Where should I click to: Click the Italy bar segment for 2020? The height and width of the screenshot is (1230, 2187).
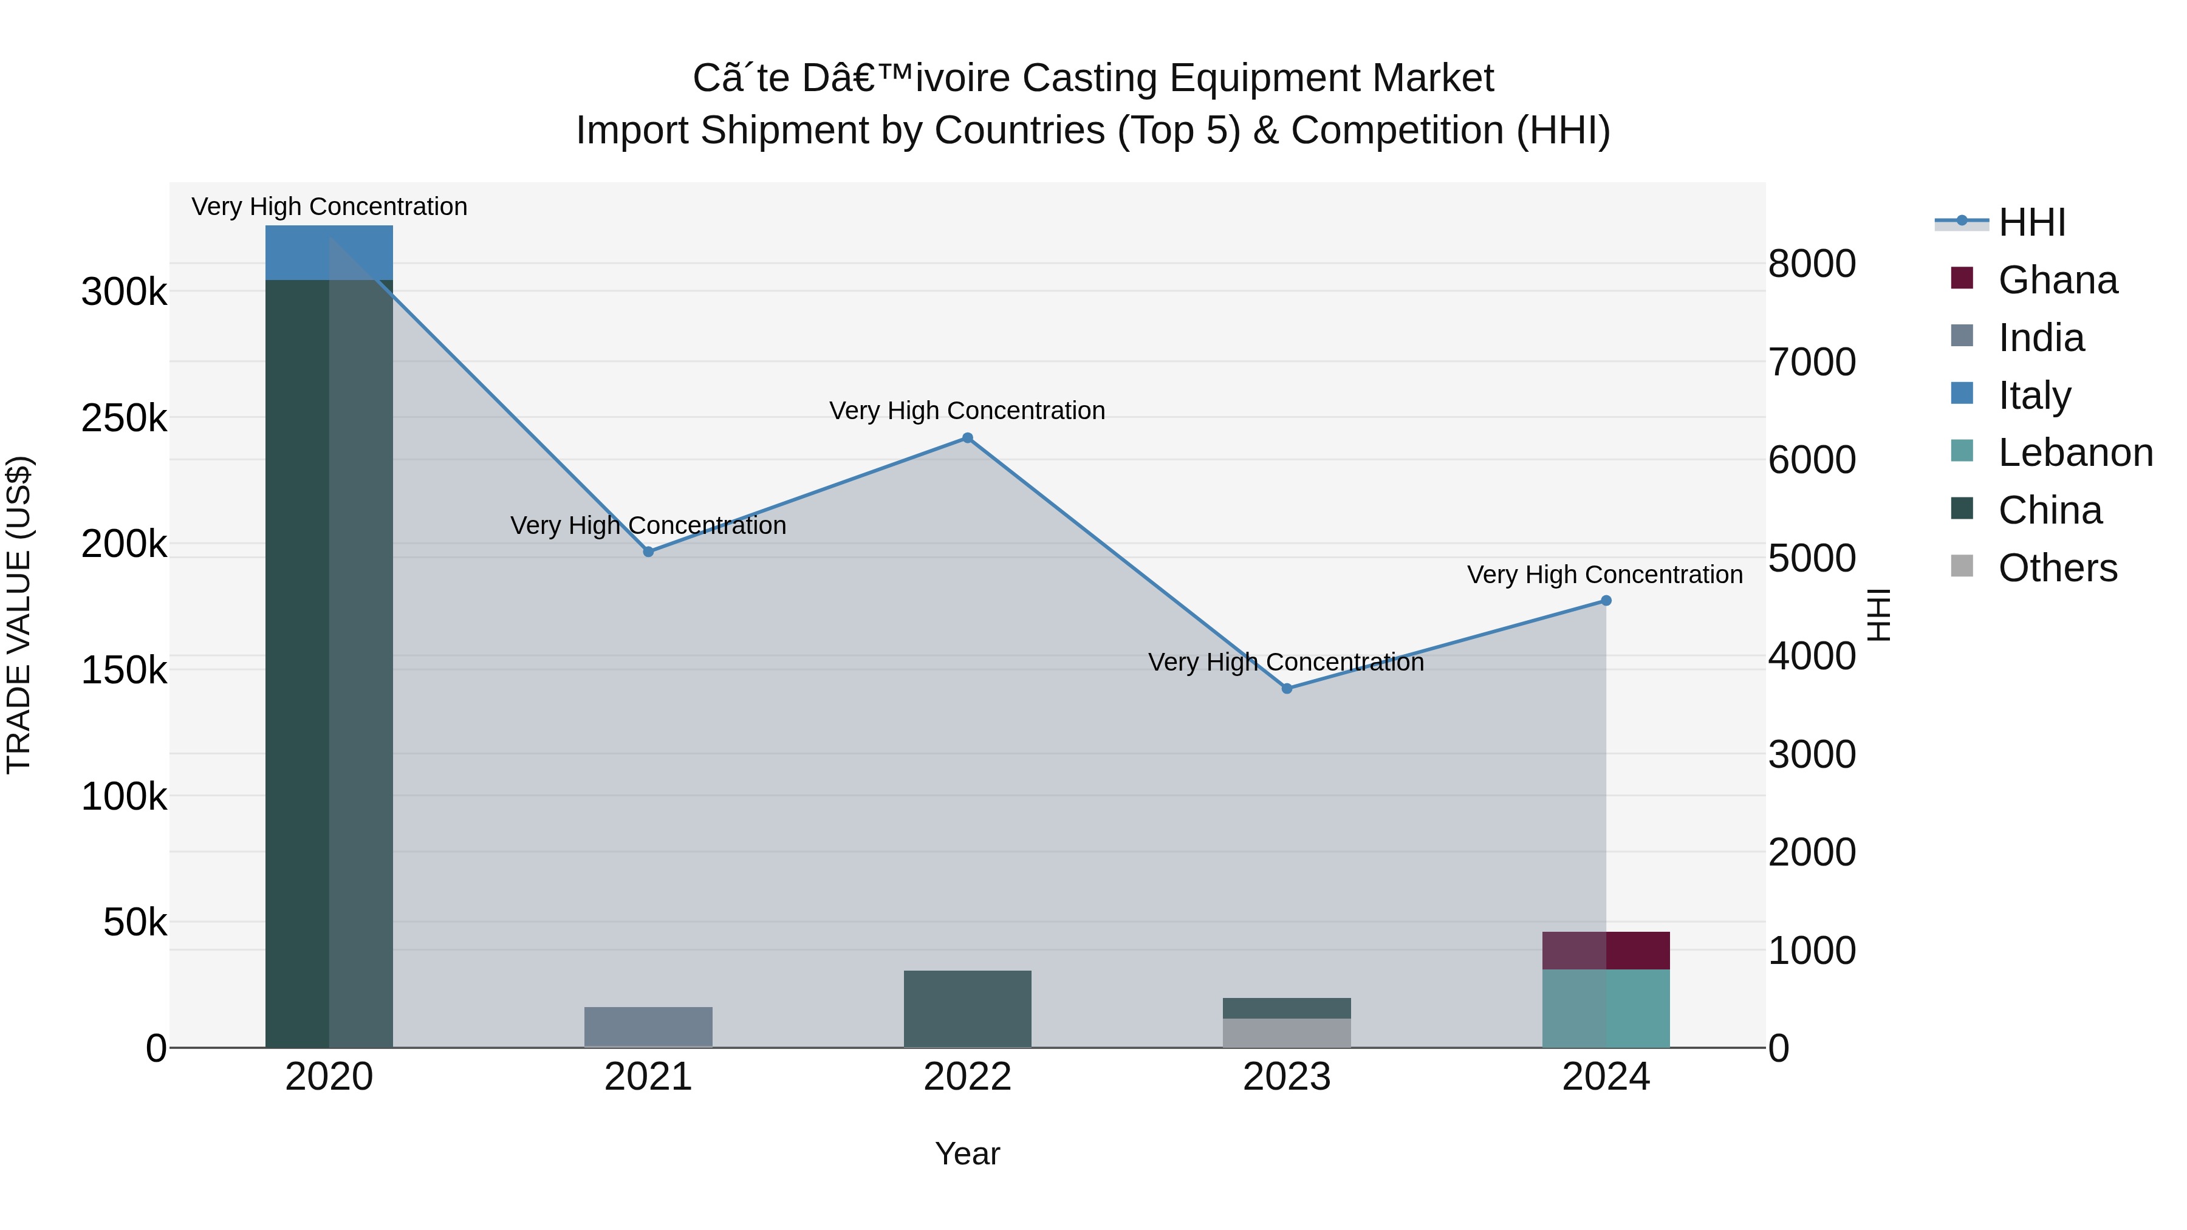[329, 252]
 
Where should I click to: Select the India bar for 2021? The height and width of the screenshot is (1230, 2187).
[648, 1027]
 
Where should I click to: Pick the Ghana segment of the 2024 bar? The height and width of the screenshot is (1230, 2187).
[1606, 950]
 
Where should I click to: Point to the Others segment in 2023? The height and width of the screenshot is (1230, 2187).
[1286, 1033]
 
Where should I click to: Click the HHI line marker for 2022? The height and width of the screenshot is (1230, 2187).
[967, 438]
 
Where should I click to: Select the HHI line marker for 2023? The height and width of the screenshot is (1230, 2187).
[1286, 688]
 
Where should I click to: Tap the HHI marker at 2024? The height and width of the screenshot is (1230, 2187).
[1606, 601]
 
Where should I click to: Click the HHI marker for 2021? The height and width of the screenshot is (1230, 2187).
[648, 552]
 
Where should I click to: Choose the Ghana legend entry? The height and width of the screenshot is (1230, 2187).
[2057, 280]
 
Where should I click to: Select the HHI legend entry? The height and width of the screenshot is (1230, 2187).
[2031, 222]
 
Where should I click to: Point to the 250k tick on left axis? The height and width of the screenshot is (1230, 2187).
[124, 418]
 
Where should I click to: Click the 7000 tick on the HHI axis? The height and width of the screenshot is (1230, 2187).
[1811, 363]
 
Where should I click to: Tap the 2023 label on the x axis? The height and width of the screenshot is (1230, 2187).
[1286, 1077]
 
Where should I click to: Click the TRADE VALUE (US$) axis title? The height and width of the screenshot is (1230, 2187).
[19, 615]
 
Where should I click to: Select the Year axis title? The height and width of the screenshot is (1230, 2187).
[967, 1153]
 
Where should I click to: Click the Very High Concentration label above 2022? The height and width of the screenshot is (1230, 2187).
[967, 411]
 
